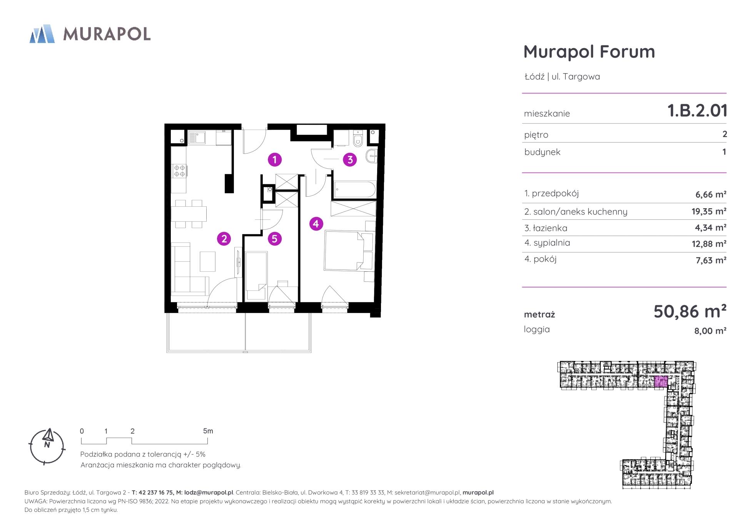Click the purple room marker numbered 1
tap(275, 159)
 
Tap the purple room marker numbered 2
tap(224, 239)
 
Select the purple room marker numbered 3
tap(350, 159)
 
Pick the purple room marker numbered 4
tap(316, 223)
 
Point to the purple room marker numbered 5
tap(274, 239)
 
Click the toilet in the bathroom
tap(358, 139)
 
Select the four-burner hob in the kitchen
tap(179, 171)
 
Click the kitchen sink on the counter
tap(197, 137)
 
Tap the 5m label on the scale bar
tap(208, 431)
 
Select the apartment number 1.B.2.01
tap(697, 111)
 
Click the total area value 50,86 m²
tap(690, 311)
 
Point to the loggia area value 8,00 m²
tap(710, 331)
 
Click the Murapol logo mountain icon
tap(42, 34)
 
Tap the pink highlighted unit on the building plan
tap(661, 382)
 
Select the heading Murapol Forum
tap(589, 52)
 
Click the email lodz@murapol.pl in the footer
tap(209, 492)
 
